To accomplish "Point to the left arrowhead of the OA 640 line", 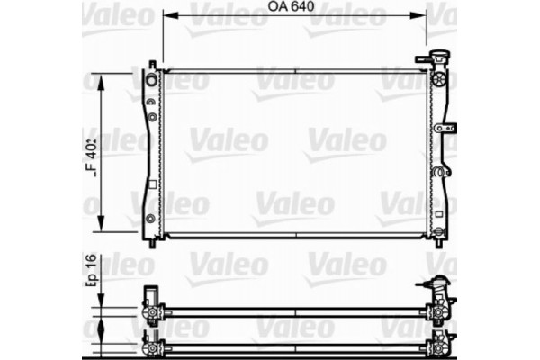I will tap(167, 13).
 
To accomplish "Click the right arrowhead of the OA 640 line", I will tap(422, 13).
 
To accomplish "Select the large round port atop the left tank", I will tap(152, 82).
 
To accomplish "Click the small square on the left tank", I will tap(152, 184).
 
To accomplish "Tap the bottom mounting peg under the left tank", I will tap(152, 240).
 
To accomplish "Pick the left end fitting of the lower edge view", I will tap(150, 345).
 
